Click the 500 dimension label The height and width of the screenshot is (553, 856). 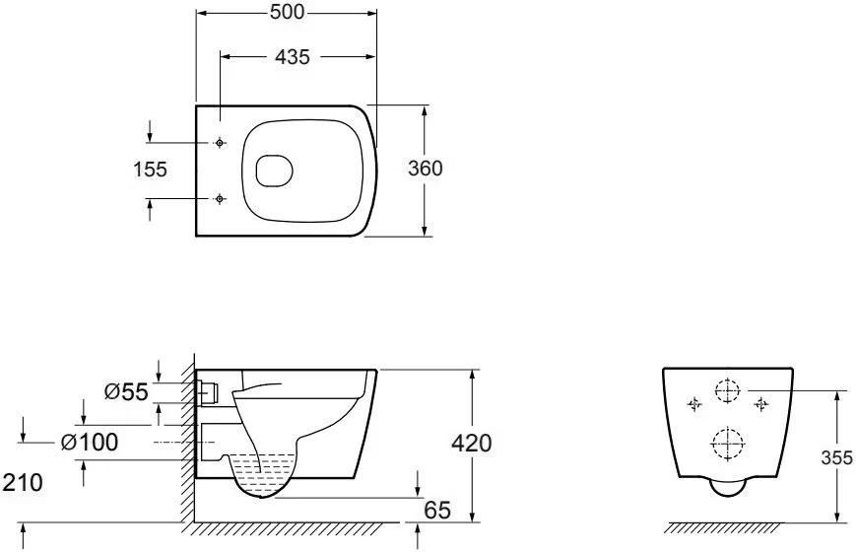click(287, 12)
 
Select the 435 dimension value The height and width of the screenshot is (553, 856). click(293, 56)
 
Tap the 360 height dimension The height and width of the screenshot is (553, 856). click(426, 169)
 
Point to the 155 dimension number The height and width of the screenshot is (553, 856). click(150, 170)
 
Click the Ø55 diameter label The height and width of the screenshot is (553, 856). click(126, 391)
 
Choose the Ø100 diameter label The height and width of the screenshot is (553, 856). click(90, 442)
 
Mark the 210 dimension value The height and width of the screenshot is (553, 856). click(23, 482)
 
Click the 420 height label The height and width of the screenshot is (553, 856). click(472, 444)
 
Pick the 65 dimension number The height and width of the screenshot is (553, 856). click(437, 510)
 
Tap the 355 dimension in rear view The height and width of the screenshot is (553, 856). click(836, 457)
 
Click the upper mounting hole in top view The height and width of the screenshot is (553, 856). click(220, 143)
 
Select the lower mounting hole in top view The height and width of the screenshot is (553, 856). click(220, 198)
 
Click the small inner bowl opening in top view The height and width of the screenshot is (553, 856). click(275, 170)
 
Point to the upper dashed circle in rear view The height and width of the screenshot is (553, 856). click(728, 391)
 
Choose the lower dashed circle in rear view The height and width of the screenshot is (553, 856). click(728, 445)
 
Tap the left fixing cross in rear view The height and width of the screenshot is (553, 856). click(694, 404)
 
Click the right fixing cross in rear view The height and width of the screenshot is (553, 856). click(761, 404)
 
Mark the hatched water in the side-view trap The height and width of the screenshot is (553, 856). click(265, 470)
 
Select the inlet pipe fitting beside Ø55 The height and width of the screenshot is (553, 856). click(209, 391)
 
